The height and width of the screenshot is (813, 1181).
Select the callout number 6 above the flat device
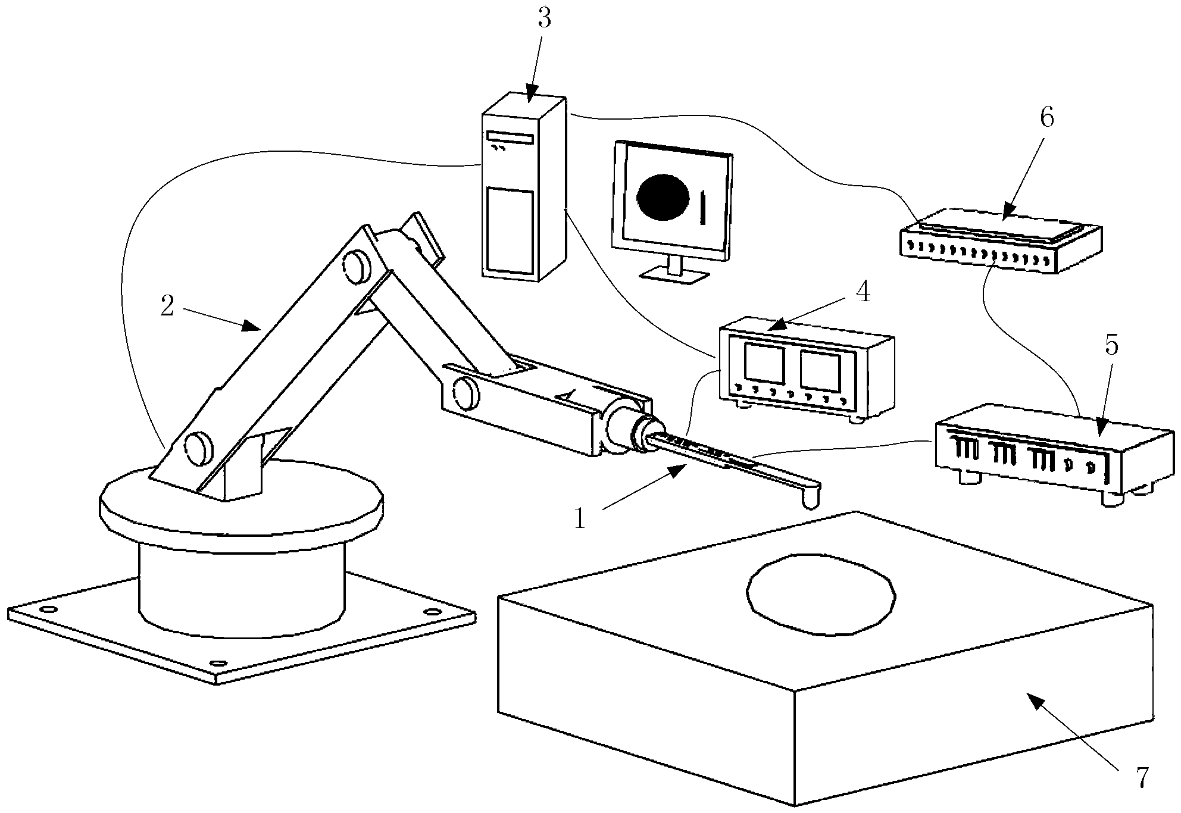coord(1046,118)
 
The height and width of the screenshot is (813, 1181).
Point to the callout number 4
coord(863,293)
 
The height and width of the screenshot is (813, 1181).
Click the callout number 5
coord(1111,346)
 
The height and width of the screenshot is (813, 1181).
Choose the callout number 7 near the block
coord(1141,778)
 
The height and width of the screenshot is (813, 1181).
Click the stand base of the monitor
coord(674,275)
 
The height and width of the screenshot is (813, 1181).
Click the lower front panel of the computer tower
coord(510,230)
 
